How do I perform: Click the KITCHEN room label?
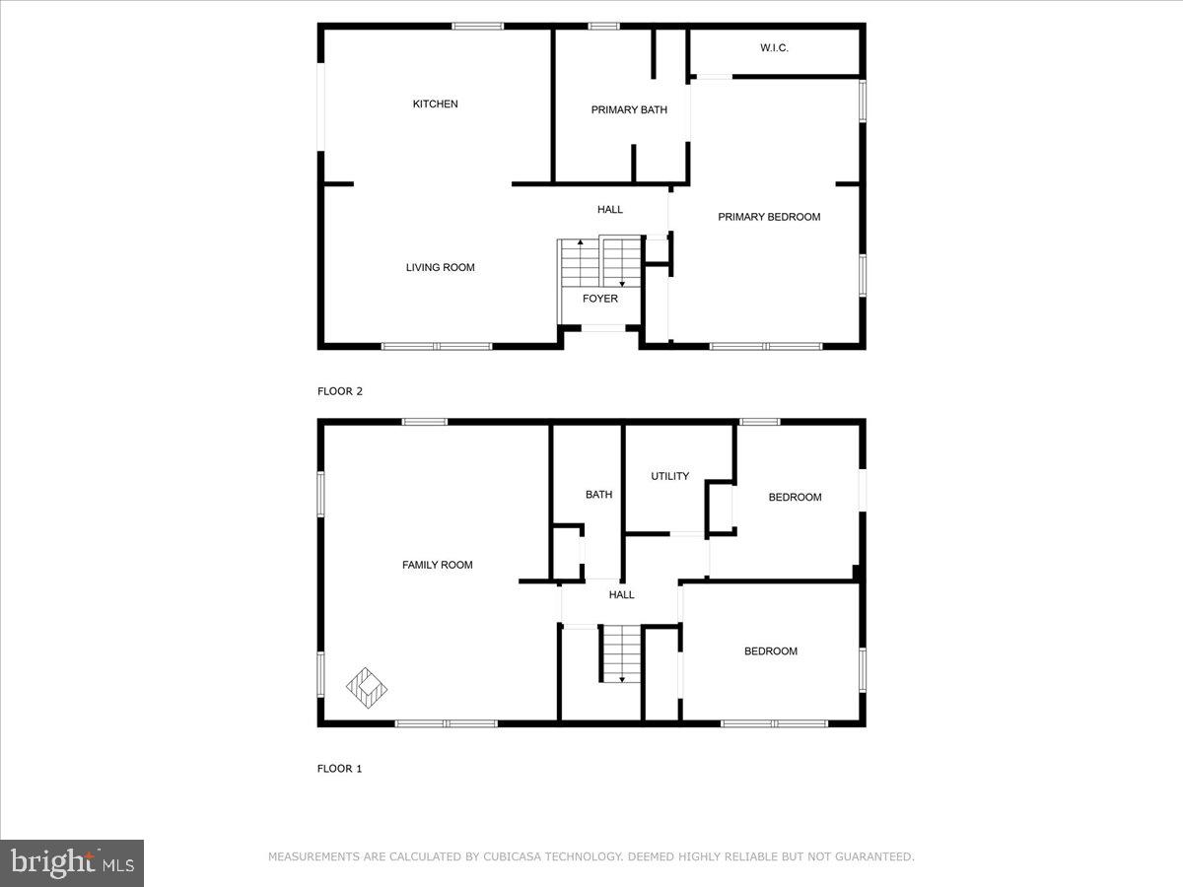435,103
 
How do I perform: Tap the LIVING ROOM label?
440,267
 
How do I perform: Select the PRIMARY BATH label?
629,109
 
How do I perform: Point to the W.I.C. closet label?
774,47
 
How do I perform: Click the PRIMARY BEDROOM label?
769,217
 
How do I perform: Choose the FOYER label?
600,299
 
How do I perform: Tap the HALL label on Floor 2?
610,209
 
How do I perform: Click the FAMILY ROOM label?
437,565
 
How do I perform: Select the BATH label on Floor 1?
598,495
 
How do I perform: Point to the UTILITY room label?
669,476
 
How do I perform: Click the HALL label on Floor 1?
621,594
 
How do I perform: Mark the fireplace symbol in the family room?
367,687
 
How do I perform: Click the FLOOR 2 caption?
340,391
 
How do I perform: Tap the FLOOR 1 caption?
340,768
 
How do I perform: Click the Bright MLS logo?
72,863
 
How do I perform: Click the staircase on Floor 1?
621,652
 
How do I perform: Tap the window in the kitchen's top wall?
478,26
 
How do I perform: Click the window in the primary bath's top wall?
603,26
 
